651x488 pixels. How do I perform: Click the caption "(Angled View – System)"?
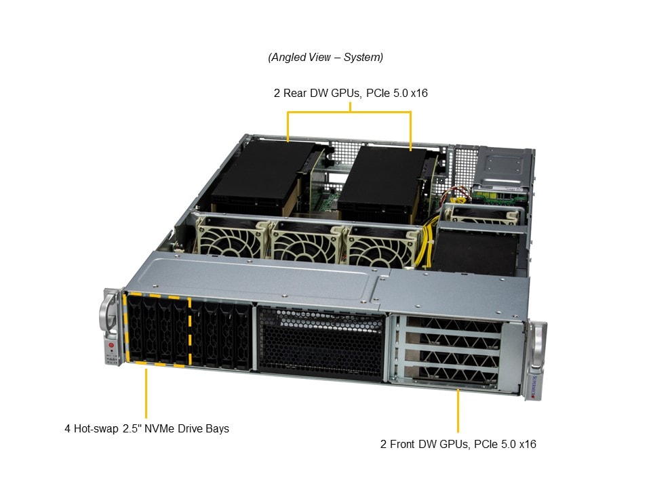tap(325, 58)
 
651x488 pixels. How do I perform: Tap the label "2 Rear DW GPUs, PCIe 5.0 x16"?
tap(351, 93)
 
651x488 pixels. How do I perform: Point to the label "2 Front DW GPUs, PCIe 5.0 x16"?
tap(458, 445)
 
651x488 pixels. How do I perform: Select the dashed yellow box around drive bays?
tap(157, 331)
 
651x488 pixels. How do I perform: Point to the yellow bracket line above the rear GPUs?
tap(350, 113)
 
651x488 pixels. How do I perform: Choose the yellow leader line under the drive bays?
tap(146, 393)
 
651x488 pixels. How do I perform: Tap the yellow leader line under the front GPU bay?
tap(458, 411)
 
